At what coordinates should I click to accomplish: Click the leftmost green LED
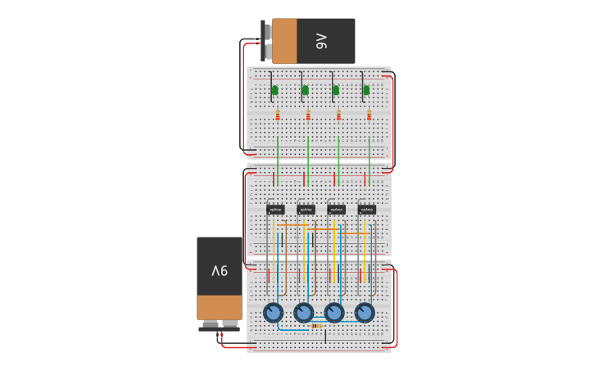pyautogui.click(x=274, y=90)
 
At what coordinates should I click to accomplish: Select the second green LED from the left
pyautogui.click(x=306, y=90)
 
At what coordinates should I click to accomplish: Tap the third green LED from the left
pyautogui.click(x=336, y=90)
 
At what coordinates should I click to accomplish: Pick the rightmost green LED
pyautogui.click(x=366, y=90)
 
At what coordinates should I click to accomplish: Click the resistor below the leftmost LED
pyautogui.click(x=278, y=115)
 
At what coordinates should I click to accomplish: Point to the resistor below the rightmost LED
pyautogui.click(x=369, y=115)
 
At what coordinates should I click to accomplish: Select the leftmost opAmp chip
pyautogui.click(x=275, y=210)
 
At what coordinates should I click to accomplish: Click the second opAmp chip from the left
pyautogui.click(x=306, y=210)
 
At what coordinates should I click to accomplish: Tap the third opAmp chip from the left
pyautogui.click(x=336, y=210)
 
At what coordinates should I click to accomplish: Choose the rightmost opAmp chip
pyautogui.click(x=366, y=210)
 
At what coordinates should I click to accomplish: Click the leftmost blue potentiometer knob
pyautogui.click(x=273, y=313)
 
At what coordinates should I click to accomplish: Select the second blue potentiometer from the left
pyautogui.click(x=303, y=313)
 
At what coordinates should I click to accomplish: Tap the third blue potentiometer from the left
pyautogui.click(x=334, y=313)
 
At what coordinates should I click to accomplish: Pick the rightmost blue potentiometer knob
pyautogui.click(x=365, y=313)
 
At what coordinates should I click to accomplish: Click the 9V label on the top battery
pyautogui.click(x=321, y=41)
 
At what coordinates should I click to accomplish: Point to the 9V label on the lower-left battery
pyautogui.click(x=220, y=270)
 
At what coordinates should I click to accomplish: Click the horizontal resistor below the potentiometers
pyautogui.click(x=316, y=326)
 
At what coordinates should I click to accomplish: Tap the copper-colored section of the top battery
pyautogui.click(x=284, y=41)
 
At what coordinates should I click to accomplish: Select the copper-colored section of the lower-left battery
pyautogui.click(x=220, y=307)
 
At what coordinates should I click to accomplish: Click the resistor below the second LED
pyautogui.click(x=308, y=115)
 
